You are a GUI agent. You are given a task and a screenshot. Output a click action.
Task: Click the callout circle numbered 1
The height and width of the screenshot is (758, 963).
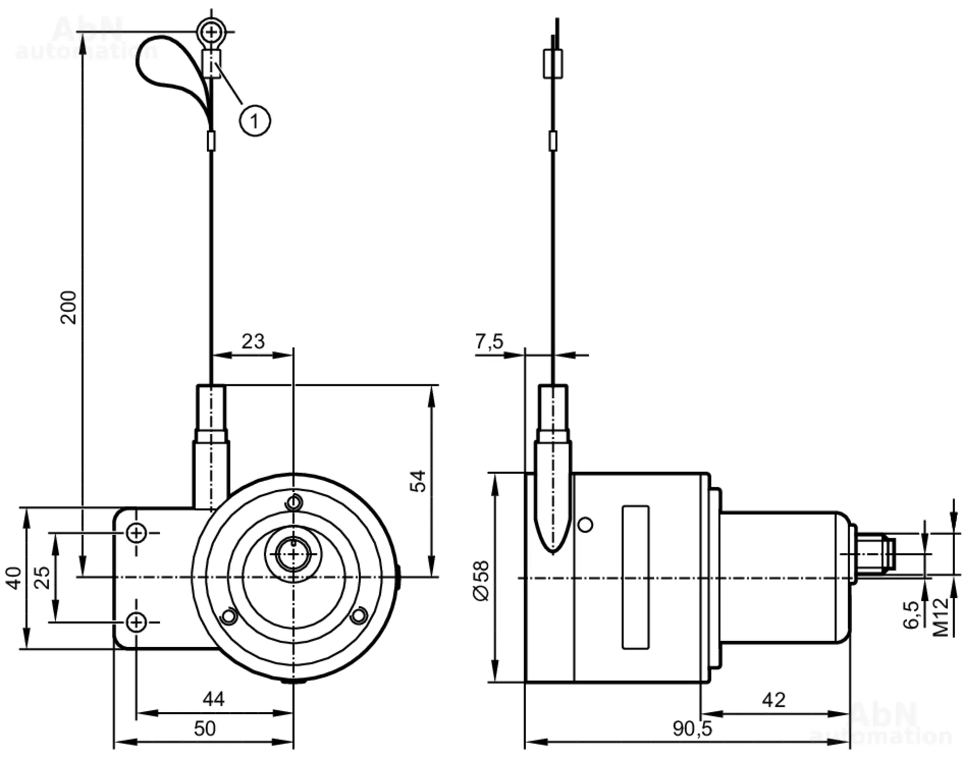[255, 120]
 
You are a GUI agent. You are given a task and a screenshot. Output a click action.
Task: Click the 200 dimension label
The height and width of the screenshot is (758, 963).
[68, 308]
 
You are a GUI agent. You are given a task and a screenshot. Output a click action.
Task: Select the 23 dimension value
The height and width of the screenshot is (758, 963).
[253, 341]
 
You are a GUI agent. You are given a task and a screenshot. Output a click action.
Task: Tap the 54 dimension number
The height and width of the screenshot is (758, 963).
[418, 481]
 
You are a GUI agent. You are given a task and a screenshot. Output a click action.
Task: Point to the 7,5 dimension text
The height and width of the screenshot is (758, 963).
[489, 341]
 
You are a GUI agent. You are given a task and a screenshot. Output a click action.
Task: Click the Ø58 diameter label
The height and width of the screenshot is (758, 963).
[481, 580]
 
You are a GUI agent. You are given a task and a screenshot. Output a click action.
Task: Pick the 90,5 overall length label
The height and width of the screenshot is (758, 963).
[692, 729]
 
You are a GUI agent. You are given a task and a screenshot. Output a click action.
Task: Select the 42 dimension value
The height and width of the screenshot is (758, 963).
[773, 700]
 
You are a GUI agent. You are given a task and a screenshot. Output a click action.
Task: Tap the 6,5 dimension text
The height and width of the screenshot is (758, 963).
[911, 615]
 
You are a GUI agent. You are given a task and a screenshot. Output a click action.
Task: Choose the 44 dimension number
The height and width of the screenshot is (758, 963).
[213, 699]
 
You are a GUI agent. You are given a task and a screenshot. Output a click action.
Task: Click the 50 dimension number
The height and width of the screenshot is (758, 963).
[205, 729]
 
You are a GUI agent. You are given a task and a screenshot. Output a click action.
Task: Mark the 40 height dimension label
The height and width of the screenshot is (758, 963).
[14, 578]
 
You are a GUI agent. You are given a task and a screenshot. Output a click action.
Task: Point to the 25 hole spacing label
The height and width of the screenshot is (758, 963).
[42, 578]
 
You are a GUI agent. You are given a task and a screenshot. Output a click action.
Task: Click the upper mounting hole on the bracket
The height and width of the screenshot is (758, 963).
[136, 533]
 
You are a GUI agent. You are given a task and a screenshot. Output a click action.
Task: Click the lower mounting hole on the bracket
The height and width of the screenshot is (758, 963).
[136, 622]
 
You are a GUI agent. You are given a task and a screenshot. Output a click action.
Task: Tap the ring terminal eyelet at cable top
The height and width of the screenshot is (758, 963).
[211, 32]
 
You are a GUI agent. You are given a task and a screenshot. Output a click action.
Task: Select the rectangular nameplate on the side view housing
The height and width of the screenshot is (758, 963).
[635, 577]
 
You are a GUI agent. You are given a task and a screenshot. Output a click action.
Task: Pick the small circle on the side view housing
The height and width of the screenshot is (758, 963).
[585, 525]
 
